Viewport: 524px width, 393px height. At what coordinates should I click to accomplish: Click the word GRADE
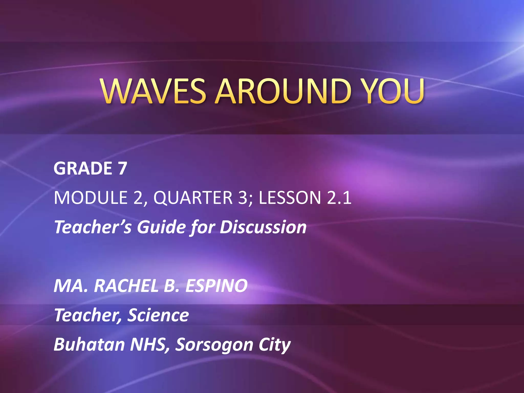[x=83, y=168]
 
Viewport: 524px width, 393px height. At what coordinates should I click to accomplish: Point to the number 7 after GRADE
[x=122, y=168]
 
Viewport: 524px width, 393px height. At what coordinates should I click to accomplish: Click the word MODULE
[x=91, y=198]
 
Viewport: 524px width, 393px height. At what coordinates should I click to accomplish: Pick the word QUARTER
[x=193, y=198]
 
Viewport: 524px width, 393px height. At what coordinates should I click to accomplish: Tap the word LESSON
[x=290, y=198]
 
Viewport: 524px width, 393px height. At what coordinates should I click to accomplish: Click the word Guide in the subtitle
[x=160, y=227]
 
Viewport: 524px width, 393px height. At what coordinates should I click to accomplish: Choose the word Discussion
[x=263, y=227]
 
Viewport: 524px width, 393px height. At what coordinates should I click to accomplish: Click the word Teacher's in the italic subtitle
[x=93, y=227]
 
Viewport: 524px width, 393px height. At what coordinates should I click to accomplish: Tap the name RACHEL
[x=126, y=286]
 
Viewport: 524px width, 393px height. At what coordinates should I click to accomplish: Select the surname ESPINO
[x=216, y=286]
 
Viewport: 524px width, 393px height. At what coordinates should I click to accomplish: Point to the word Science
[x=158, y=315]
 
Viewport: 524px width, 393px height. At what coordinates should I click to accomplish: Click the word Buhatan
[x=89, y=345]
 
